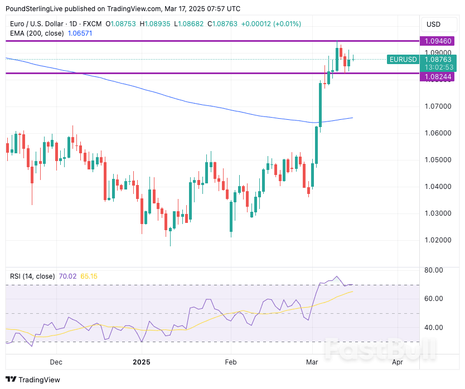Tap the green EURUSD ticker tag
click(x=403, y=59)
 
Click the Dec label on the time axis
click(x=56, y=362)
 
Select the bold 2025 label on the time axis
click(x=142, y=362)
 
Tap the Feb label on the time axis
click(x=231, y=362)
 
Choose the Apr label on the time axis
click(x=398, y=362)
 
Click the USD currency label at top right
click(x=433, y=24)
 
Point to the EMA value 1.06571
click(x=80, y=33)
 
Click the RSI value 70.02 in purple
click(x=67, y=276)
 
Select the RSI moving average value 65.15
click(x=89, y=276)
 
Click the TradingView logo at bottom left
click(x=33, y=380)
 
